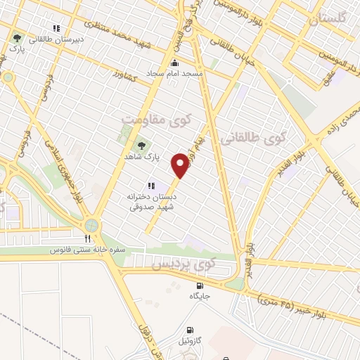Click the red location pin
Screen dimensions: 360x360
[181, 166]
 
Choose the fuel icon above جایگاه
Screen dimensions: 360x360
[200, 286]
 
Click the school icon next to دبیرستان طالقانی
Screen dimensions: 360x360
[56, 29]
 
